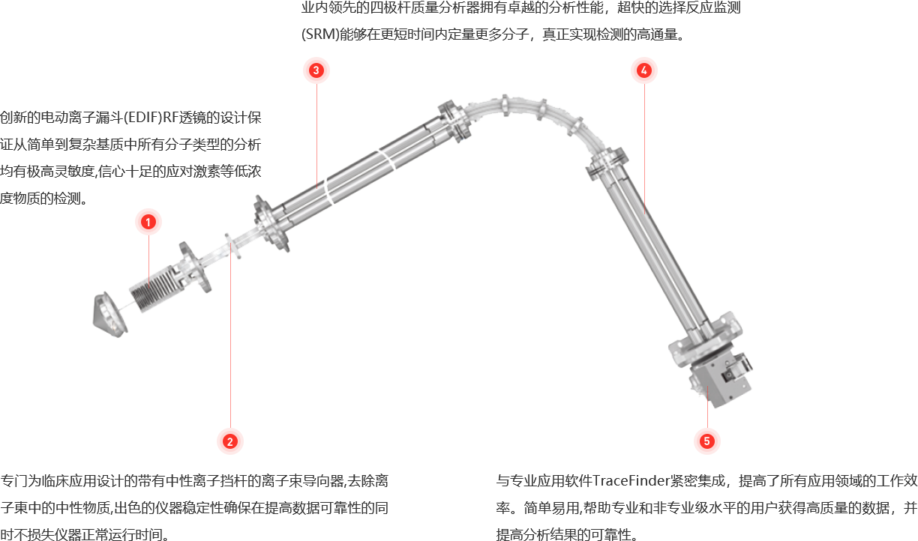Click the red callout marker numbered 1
(148, 222)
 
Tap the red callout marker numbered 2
(230, 441)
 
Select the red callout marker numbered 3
(316, 70)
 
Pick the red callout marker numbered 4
(643, 70)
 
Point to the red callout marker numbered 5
(706, 441)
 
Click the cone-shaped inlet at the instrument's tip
(109, 315)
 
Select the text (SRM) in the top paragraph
(320, 34)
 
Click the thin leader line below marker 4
(644, 149)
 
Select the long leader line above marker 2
(230, 336)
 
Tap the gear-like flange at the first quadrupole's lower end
(271, 223)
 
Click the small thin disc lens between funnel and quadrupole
(232, 246)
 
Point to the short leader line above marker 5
(707, 407)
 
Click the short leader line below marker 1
(148, 259)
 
